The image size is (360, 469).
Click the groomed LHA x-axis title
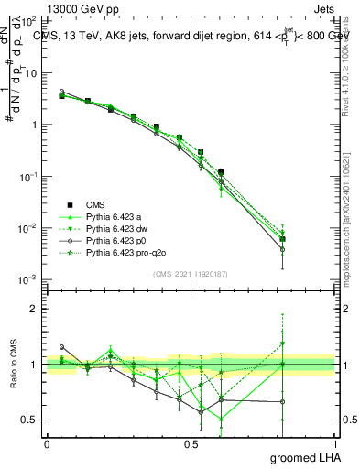click(303, 457)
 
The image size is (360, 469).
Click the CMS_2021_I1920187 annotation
click(191, 274)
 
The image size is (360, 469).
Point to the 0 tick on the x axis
click(47, 444)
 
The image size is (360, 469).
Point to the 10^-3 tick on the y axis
click(30, 279)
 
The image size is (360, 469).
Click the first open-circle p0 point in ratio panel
click(61, 347)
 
